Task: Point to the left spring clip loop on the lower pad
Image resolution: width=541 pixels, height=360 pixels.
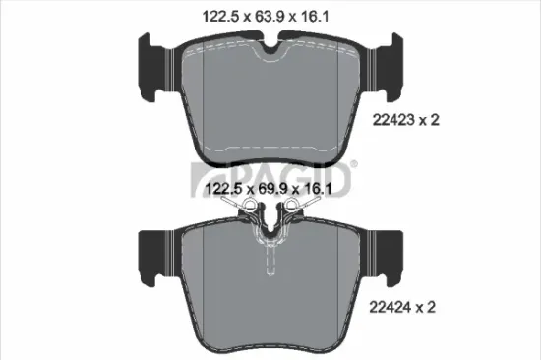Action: [250, 208]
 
